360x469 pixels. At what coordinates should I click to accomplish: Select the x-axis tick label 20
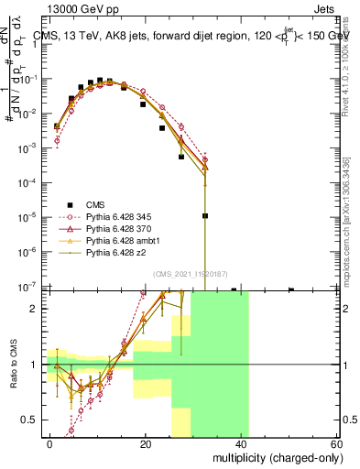146,442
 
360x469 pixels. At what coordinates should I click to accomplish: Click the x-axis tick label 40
241,442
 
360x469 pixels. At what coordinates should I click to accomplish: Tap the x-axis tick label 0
50,442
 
